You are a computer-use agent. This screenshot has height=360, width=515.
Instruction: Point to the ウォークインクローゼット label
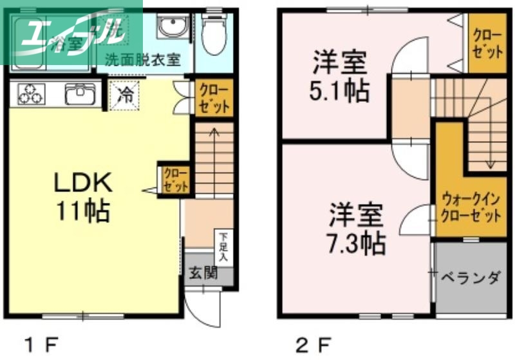(x=469, y=206)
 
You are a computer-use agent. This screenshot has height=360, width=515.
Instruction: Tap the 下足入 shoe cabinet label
(x=223, y=247)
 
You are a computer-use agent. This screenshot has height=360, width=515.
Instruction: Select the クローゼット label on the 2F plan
(x=487, y=42)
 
